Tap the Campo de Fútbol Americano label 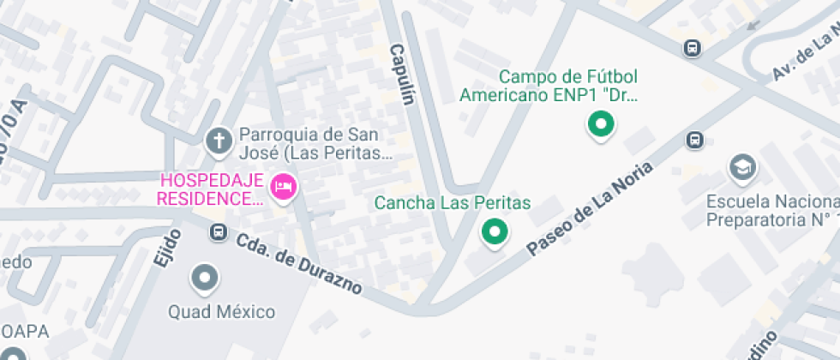[549, 86]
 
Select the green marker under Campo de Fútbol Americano [601, 125]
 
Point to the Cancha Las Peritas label [453, 203]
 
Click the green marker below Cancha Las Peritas [494, 231]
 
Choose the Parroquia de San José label [315, 144]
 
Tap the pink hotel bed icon [283, 186]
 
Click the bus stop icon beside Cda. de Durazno [219, 231]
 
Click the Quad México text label [221, 311]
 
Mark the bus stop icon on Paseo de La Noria [695, 140]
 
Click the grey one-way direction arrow [754, 24]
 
